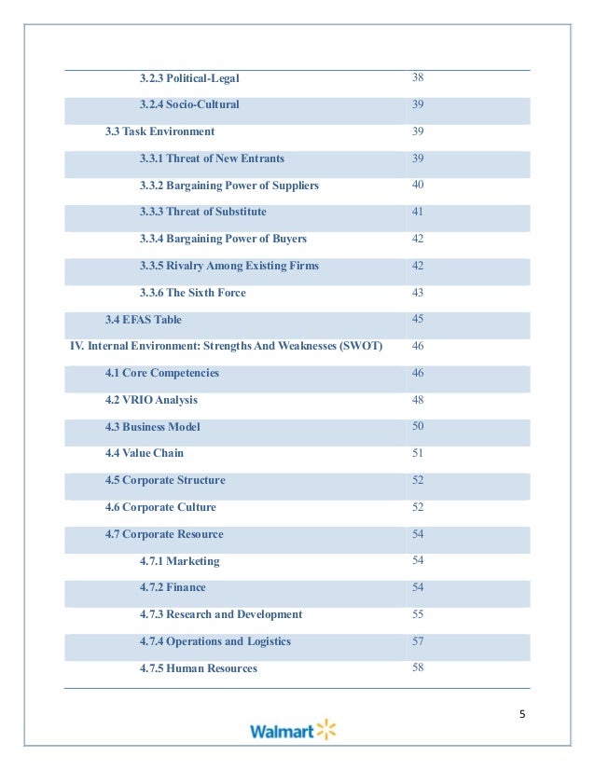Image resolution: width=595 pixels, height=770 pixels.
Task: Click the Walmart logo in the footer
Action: point(292,730)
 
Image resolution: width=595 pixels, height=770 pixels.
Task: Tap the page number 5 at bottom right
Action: point(522,714)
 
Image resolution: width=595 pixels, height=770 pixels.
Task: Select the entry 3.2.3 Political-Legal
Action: point(189,77)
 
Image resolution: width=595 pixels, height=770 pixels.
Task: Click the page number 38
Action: point(418,76)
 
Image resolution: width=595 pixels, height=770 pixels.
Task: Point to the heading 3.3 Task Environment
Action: point(159,131)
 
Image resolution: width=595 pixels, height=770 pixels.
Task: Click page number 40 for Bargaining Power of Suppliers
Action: point(418,185)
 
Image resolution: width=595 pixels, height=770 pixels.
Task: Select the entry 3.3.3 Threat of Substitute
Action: point(202,212)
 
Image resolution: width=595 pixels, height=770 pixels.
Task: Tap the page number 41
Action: point(418,212)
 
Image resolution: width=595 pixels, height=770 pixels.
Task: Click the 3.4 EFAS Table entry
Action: point(144,320)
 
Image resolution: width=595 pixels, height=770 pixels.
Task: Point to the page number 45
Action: point(418,319)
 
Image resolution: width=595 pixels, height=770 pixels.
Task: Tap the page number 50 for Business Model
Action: point(418,426)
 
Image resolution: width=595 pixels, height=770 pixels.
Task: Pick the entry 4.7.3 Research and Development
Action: point(221,614)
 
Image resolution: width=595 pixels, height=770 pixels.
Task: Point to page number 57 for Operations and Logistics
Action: point(418,641)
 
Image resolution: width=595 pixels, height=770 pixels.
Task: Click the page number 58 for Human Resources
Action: point(418,667)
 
